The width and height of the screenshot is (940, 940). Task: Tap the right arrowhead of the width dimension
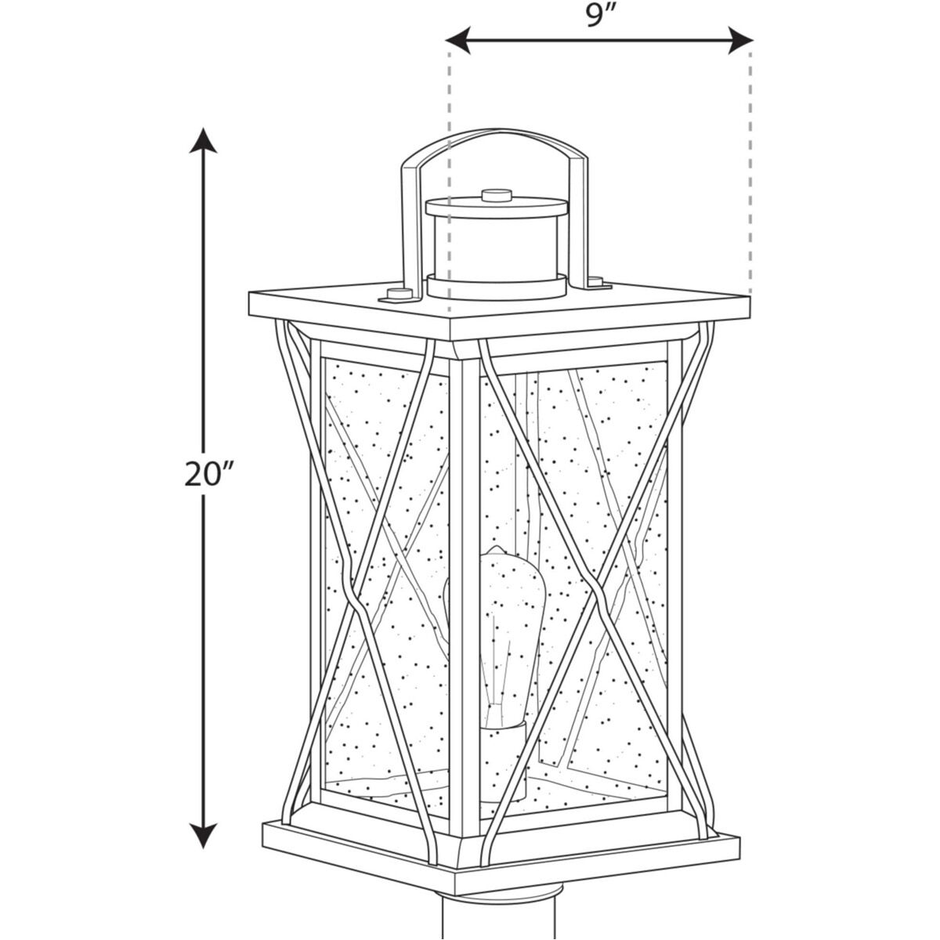coord(739,40)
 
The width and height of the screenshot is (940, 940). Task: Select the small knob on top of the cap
coord(496,193)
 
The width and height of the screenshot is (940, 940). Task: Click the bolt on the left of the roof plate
coord(397,295)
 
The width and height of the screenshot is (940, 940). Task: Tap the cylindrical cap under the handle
coord(495,247)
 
